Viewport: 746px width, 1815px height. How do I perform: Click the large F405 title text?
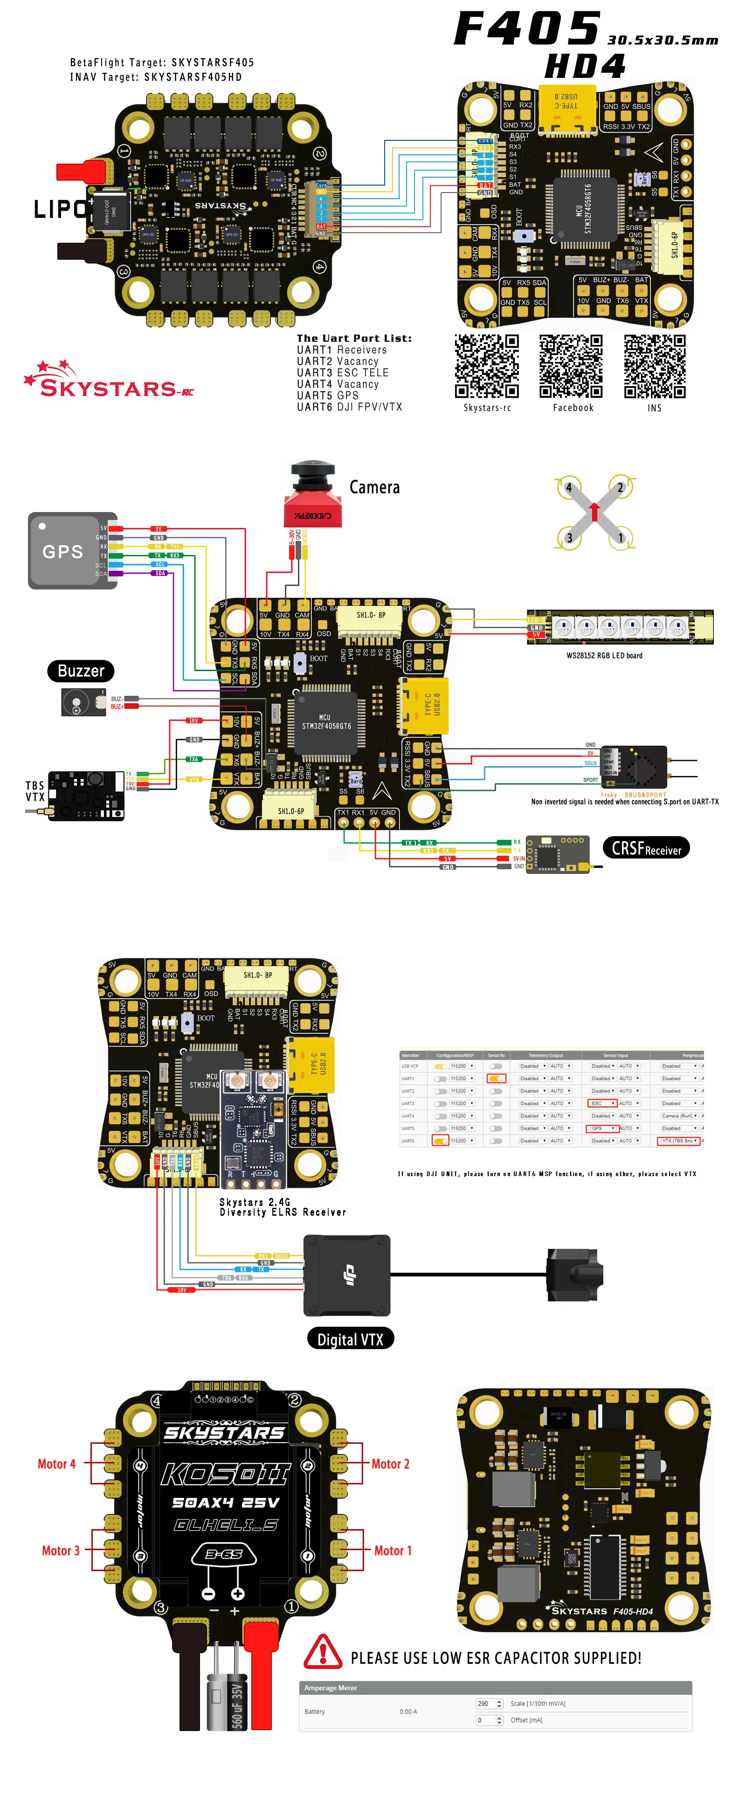(x=527, y=29)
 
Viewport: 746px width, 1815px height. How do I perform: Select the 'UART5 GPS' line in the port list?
(x=328, y=395)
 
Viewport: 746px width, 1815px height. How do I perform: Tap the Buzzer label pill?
(x=81, y=671)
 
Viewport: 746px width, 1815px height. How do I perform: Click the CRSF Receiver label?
(x=646, y=848)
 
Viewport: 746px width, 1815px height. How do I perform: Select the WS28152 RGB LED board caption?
(x=604, y=655)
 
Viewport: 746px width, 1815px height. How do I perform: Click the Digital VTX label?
(x=350, y=1339)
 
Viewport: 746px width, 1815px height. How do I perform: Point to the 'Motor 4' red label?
(x=56, y=1463)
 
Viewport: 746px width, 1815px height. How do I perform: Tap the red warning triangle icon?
(x=323, y=1651)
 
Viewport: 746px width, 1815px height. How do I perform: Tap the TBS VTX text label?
(x=35, y=790)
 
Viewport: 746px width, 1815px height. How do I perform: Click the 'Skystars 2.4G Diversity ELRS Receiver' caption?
(x=282, y=1207)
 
